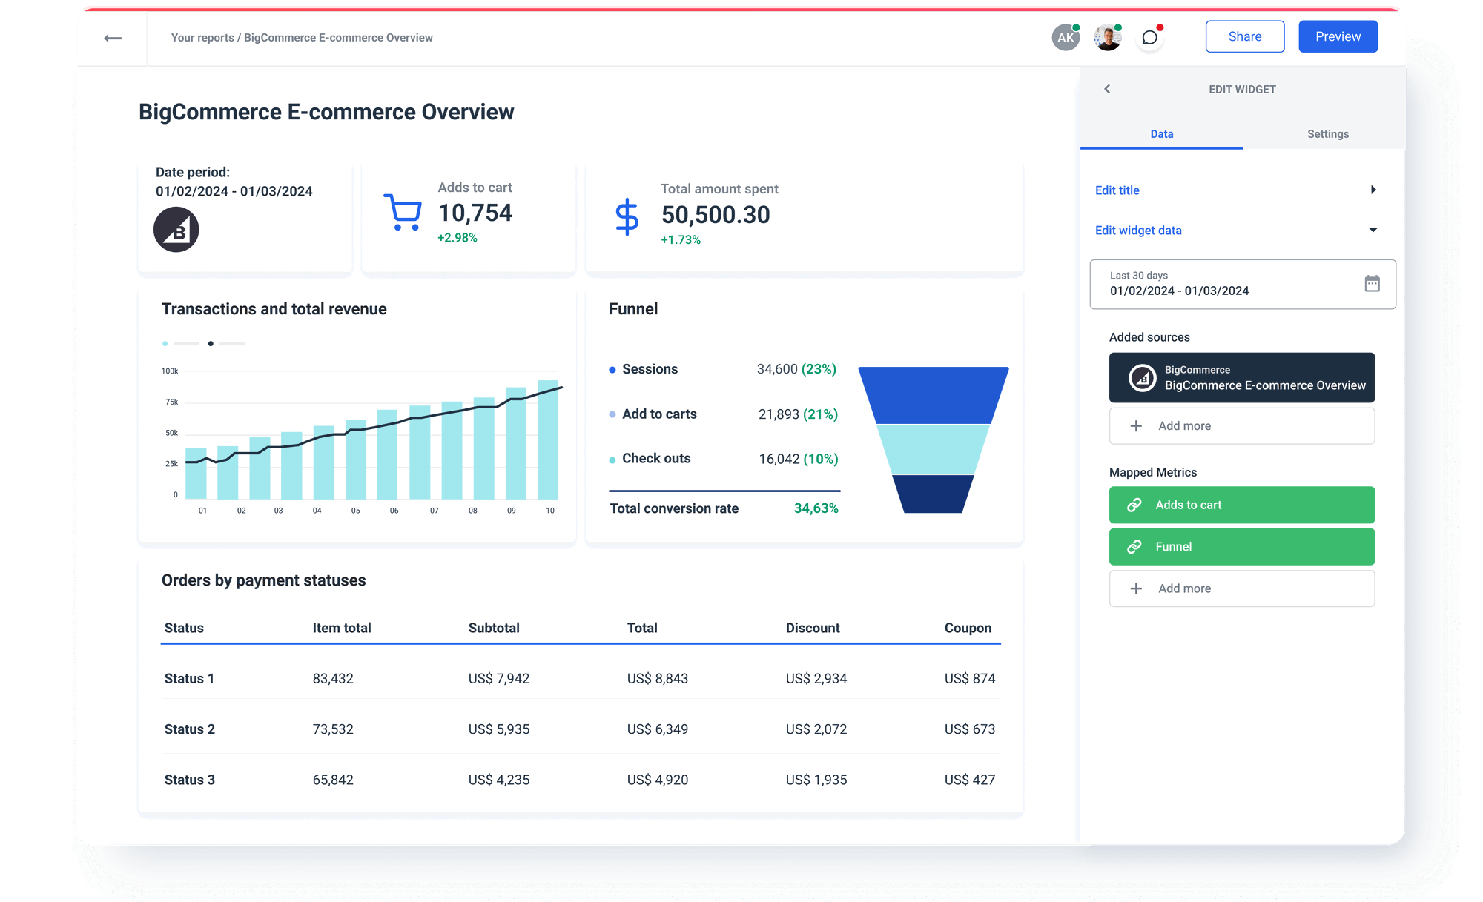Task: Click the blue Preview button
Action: (1338, 36)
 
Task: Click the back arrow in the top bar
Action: (113, 38)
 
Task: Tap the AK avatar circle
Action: (1066, 38)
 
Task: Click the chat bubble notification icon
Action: (1149, 38)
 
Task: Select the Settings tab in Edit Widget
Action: (1327, 134)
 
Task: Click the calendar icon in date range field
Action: (1372, 283)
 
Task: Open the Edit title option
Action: (1117, 190)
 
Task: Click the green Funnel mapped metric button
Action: (1241, 547)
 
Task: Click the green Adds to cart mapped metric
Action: (1241, 505)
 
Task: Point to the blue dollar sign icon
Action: (627, 216)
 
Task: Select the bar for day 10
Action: (548, 441)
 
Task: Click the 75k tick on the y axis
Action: (171, 402)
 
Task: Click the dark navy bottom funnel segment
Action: (932, 494)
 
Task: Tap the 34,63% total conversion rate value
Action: (816, 508)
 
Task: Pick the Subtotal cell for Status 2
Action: (499, 729)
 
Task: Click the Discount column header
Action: (813, 628)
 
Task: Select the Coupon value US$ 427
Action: (969, 780)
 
